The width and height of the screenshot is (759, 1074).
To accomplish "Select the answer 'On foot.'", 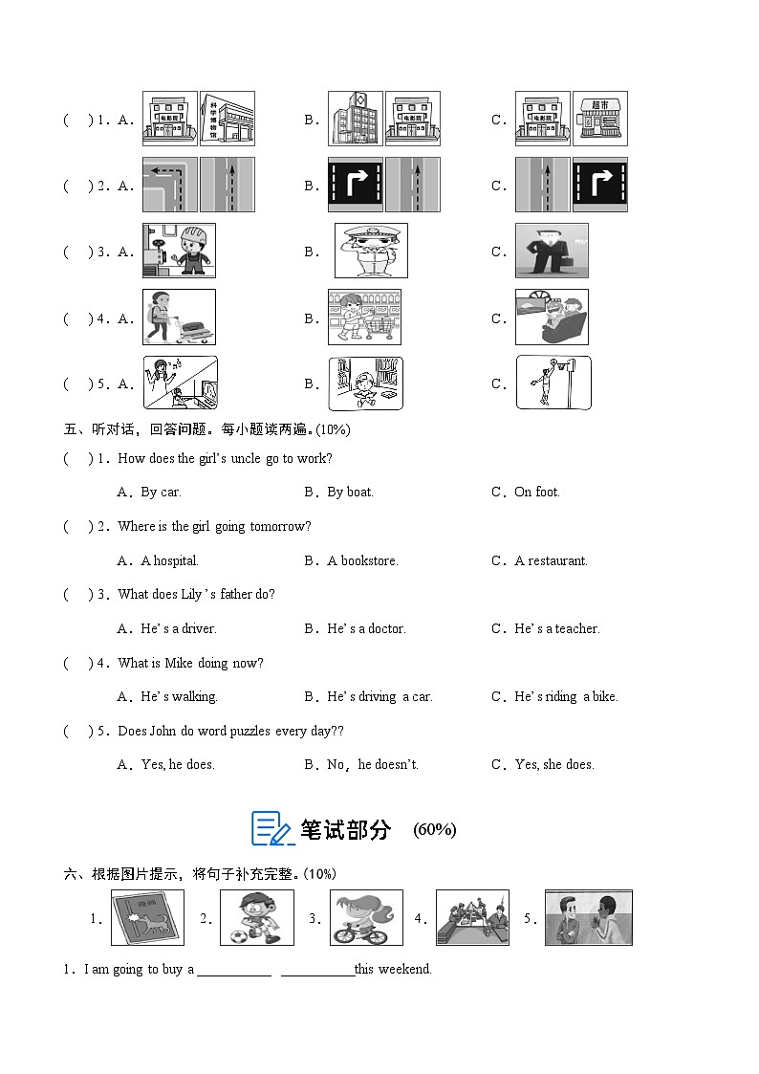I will [536, 493].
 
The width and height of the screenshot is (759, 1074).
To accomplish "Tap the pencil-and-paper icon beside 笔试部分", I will [271, 828].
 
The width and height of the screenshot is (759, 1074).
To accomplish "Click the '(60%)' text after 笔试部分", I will [434, 830].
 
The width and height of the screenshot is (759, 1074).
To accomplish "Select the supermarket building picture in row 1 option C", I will [599, 119].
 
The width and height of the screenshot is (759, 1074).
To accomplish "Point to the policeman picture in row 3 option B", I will [371, 251].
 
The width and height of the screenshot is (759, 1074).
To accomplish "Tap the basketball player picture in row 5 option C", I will [553, 383].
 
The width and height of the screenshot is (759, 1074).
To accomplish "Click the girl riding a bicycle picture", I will [366, 917].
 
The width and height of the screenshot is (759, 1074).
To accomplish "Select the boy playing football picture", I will [256, 917].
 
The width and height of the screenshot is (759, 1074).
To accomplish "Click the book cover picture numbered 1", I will [147, 918].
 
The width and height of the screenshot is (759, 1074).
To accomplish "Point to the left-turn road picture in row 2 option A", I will [169, 185].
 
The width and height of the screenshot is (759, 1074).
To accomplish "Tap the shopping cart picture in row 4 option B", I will [364, 317].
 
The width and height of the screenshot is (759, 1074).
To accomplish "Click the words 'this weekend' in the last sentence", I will [393, 970].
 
